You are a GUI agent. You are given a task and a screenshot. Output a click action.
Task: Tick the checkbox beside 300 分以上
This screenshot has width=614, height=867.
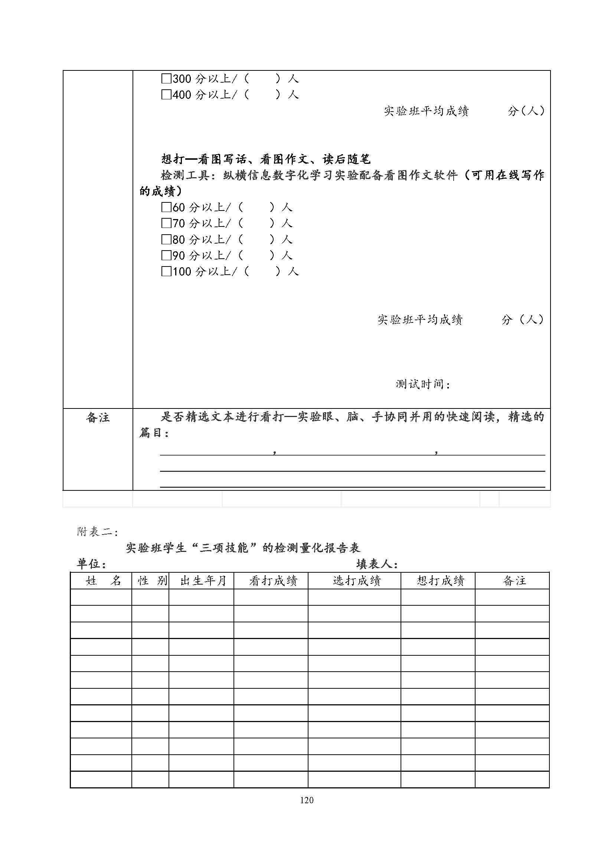166,79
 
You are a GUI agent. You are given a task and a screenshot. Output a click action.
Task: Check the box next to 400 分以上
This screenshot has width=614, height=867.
166,95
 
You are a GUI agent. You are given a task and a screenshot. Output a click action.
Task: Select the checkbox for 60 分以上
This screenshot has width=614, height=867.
166,207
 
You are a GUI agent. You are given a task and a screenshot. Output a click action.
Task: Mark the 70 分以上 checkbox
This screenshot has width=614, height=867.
166,223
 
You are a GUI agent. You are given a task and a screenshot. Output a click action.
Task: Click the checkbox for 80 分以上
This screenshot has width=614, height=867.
166,239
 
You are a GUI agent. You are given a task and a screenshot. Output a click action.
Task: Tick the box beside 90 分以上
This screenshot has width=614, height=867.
166,256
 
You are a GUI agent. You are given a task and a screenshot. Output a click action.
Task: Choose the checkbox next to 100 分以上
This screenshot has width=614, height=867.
166,271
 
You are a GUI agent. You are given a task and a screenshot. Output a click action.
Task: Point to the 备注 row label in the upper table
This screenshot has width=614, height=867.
98,417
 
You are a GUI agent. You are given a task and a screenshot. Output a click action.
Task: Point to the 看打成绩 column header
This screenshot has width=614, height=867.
273,581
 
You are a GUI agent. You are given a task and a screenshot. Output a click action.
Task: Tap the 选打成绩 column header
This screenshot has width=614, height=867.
356,581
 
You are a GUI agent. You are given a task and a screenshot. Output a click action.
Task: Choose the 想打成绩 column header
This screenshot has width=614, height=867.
440,581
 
